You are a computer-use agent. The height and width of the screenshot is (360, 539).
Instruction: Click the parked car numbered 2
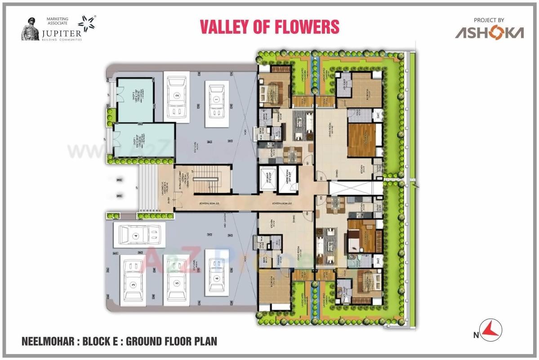tap(177, 95)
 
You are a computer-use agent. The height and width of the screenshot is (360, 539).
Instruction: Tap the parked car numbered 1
tap(216, 99)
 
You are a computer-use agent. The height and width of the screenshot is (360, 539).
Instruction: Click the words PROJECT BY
tap(489, 20)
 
